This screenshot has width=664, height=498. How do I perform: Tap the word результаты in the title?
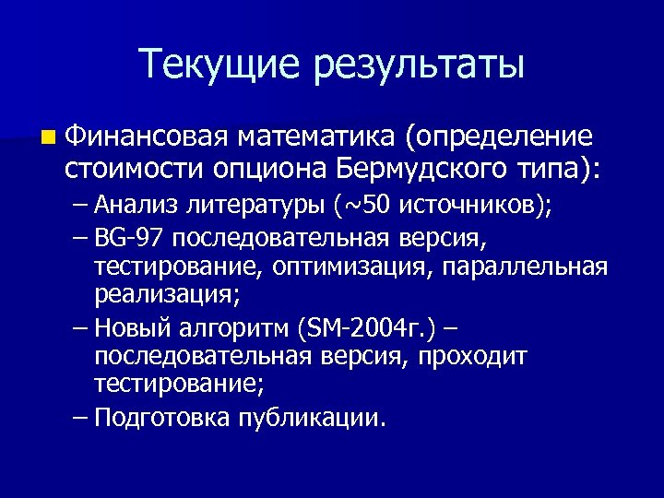click(420, 65)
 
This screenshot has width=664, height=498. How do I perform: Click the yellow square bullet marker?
click(47, 138)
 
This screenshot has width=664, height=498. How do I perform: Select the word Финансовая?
click(146, 137)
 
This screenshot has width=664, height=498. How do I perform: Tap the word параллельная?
click(526, 267)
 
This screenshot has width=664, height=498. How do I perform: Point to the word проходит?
click(475, 356)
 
